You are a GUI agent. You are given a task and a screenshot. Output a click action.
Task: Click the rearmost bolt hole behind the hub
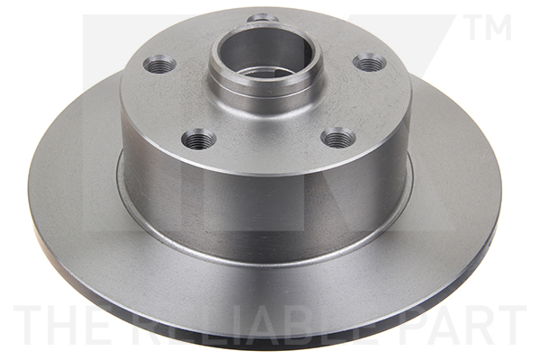(x=263, y=18)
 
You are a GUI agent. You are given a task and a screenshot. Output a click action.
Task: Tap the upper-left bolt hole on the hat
(x=159, y=64)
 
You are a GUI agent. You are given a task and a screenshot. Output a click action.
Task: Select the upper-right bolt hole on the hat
(x=369, y=62)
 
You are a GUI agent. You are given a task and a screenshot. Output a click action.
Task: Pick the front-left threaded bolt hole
(x=198, y=139)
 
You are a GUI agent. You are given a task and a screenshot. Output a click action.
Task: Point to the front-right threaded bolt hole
(x=338, y=138)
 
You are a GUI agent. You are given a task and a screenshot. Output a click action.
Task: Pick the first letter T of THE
(x=27, y=325)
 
